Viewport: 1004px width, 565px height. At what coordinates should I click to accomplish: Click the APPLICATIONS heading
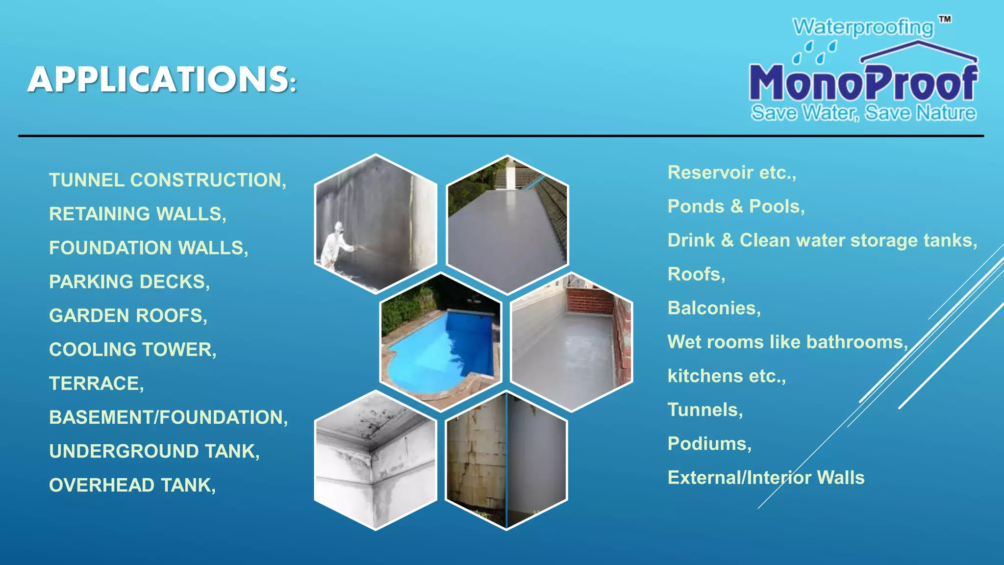162,79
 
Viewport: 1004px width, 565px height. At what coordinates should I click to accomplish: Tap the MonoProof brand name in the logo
863,83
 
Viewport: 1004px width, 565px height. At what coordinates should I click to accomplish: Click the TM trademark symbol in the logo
945,20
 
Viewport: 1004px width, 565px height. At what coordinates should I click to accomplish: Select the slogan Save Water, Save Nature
863,113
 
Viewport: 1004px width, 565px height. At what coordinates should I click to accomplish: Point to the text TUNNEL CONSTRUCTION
167,180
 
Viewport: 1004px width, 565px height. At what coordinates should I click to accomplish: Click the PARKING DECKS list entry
129,282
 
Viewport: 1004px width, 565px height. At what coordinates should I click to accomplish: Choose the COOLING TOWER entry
132,349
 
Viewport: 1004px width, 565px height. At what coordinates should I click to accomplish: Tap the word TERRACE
96,383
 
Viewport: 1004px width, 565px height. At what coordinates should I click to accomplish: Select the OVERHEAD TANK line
132,485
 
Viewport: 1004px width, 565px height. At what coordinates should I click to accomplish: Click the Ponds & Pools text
736,206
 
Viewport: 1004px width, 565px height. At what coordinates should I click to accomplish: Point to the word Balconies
714,308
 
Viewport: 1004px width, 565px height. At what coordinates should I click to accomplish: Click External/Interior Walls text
766,477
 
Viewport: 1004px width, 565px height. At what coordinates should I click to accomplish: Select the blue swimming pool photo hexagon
440,342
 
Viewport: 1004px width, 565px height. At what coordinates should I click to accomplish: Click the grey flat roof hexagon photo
507,226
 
